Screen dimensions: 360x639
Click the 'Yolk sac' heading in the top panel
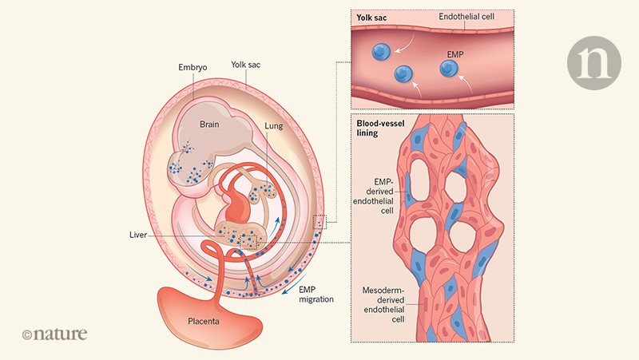[372, 17]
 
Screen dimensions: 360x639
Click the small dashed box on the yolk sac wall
[321, 221]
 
